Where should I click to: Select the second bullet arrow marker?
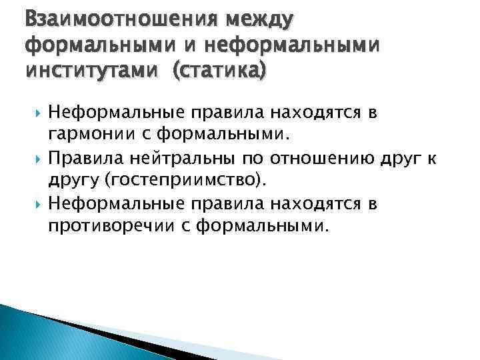point(35,159)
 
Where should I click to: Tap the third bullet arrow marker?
point(35,205)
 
